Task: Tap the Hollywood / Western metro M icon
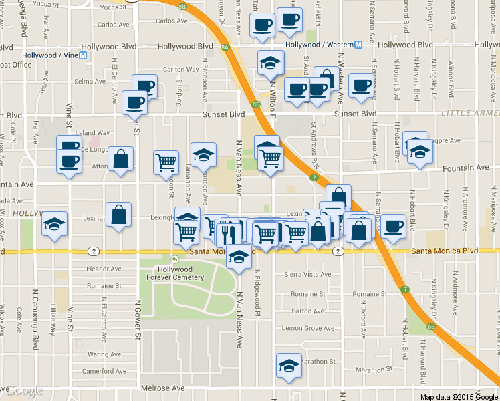tap(358, 45)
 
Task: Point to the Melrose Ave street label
tap(162, 388)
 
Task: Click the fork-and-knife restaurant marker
tap(229, 233)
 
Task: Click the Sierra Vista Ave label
tap(307, 275)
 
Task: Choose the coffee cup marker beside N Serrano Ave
tap(394, 225)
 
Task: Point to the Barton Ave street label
tap(308, 311)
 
